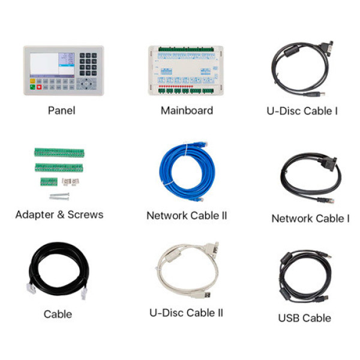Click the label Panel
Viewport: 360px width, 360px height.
(62, 110)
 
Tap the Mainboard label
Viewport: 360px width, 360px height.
(187, 110)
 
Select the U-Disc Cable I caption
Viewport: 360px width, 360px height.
(302, 111)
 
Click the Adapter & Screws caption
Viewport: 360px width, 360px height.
(59, 215)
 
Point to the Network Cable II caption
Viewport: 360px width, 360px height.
(187, 215)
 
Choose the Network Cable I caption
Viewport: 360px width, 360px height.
(310, 218)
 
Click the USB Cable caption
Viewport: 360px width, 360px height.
(304, 318)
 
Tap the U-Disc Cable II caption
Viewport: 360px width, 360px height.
(186, 313)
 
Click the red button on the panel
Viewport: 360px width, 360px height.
(39, 87)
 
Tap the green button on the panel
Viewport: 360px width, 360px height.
(32, 87)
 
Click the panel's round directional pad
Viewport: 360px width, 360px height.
(86, 84)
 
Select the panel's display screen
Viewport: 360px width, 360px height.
(52, 65)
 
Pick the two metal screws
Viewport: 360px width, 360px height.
(59, 197)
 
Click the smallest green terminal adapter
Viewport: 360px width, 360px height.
(49, 182)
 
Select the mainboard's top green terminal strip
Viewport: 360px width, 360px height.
(186, 49)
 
